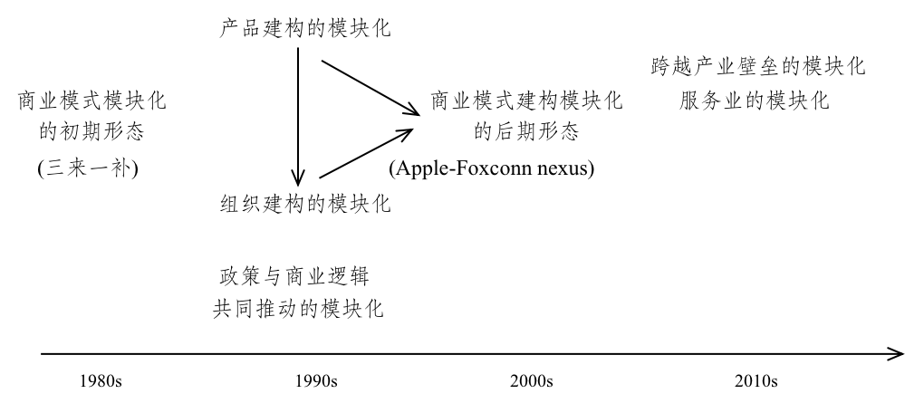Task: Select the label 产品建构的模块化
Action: (305, 28)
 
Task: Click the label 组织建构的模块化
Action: (305, 204)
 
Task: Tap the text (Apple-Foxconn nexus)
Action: (492, 168)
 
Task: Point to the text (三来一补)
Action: (88, 168)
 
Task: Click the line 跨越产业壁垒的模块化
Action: (758, 66)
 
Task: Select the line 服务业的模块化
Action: (755, 101)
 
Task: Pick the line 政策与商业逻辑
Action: (294, 275)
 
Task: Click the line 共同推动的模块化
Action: (298, 308)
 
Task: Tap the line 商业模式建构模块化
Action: (526, 101)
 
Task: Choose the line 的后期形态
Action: (526, 130)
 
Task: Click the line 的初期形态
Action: (91, 130)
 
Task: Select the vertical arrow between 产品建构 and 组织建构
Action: (298, 117)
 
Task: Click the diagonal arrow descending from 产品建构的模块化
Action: (371, 87)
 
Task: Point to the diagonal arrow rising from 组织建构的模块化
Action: (366, 153)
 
